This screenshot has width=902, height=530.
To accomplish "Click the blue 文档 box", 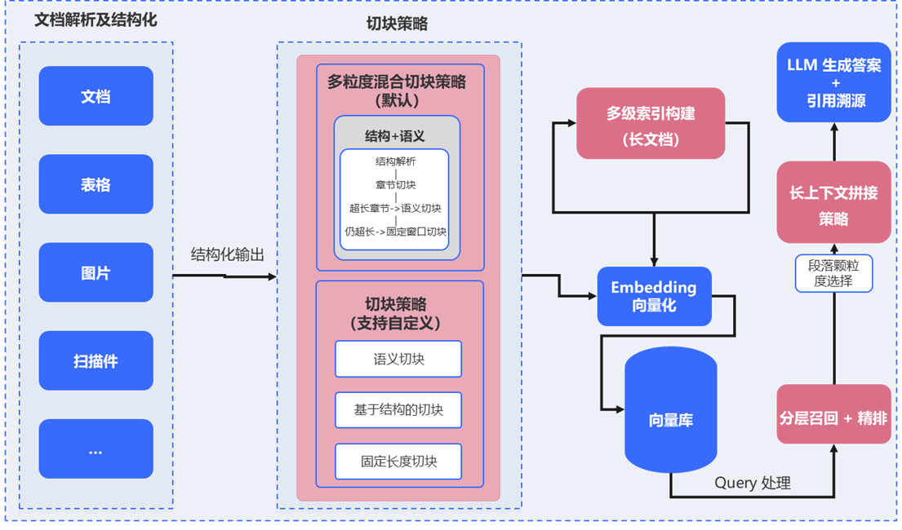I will point(96,96).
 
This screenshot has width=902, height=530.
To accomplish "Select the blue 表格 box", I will point(96,184).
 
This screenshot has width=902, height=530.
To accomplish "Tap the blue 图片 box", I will point(96,272).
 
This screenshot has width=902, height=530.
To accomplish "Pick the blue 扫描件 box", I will point(96,360).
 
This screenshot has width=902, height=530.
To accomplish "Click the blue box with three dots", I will point(96,448).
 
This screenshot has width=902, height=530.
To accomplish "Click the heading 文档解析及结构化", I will point(95,18).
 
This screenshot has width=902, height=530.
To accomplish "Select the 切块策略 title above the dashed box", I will point(397,24).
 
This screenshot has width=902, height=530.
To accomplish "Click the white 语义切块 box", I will point(398,359).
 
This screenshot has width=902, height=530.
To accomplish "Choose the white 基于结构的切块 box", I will point(398,410).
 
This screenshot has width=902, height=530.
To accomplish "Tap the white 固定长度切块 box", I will point(398,461).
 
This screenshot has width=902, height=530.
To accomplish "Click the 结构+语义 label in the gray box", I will point(394,136).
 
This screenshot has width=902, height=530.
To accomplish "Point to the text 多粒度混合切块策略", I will point(397,82).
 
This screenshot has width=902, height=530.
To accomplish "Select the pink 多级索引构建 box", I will point(651,123).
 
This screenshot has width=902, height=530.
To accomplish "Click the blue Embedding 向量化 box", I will point(654,296).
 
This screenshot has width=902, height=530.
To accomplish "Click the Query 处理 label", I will point(753,483).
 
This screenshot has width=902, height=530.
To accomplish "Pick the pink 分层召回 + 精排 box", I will point(833,418).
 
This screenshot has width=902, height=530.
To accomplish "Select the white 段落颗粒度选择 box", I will point(834,273).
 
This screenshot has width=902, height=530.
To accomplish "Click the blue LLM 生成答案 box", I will point(833,82).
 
